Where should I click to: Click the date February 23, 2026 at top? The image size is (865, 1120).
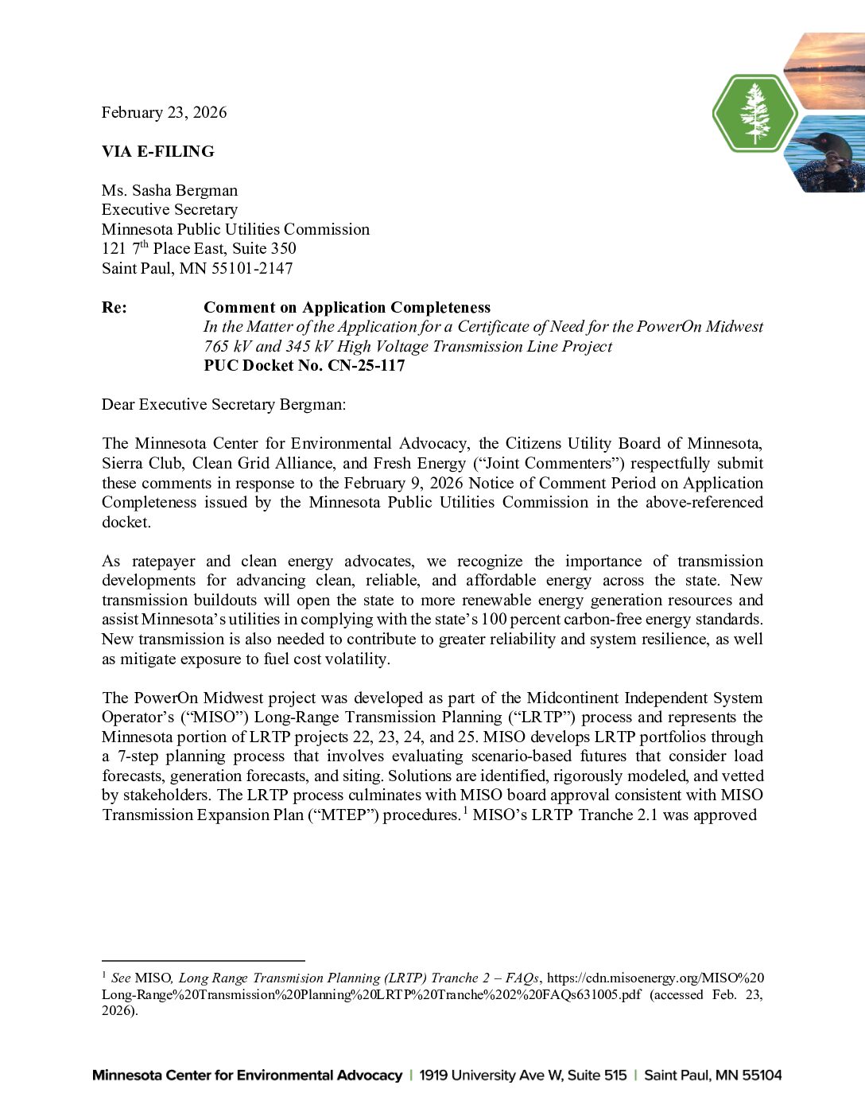point(164,112)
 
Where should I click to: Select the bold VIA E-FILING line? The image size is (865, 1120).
point(157,151)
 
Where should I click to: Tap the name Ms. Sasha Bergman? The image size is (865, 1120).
point(169,190)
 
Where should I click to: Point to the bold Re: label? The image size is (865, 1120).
point(114,307)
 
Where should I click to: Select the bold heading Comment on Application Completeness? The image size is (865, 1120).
point(347,307)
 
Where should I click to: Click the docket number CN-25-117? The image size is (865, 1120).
point(366,365)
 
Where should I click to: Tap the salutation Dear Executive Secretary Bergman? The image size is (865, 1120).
point(223,404)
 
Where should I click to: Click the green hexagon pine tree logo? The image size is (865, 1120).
point(754,113)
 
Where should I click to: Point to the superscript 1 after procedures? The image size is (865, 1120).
point(465,810)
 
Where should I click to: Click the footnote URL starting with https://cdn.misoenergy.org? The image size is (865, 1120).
point(655,978)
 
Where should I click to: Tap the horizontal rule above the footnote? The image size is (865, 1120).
point(203,960)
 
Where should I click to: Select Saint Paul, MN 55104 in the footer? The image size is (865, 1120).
point(712,1075)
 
